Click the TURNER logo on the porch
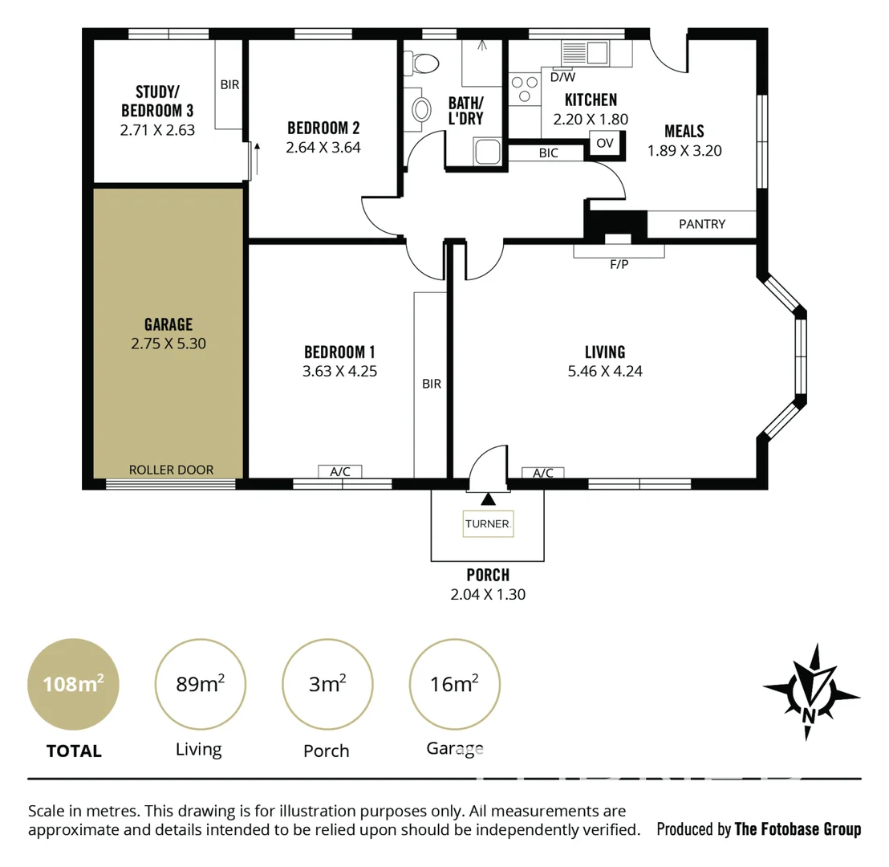click(488, 524)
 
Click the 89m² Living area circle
click(199, 684)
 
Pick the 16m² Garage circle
click(454, 684)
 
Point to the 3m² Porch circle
click(327, 684)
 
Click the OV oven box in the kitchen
click(606, 143)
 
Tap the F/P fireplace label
click(619, 264)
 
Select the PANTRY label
click(702, 224)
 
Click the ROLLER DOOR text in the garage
click(171, 470)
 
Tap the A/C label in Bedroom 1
click(340, 472)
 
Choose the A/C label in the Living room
click(543, 473)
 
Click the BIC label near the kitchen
click(549, 153)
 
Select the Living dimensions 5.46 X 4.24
click(605, 371)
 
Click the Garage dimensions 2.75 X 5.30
click(168, 343)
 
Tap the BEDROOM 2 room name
click(323, 128)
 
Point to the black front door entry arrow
click(488, 500)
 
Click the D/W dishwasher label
click(562, 77)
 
